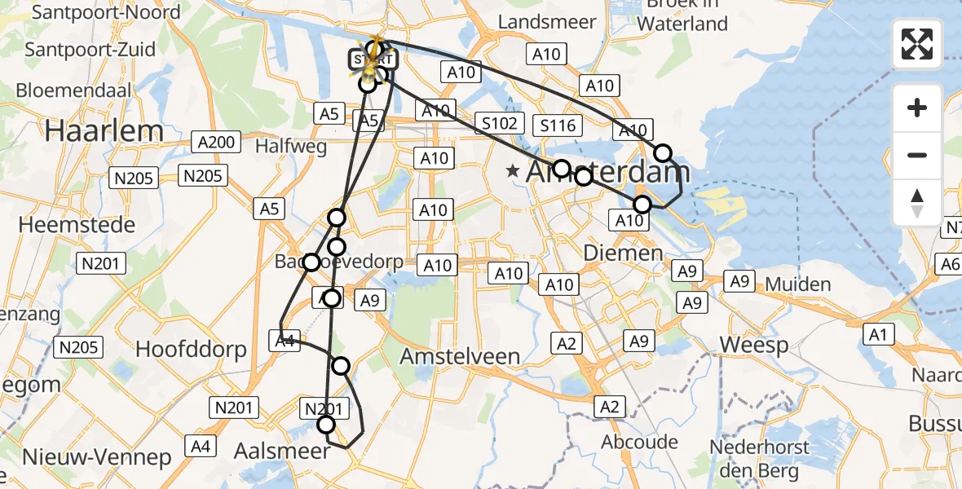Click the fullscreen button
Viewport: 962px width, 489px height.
point(917,44)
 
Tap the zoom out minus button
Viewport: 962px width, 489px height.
point(917,155)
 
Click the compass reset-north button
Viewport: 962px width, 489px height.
point(917,203)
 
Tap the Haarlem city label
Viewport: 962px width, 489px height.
point(104,130)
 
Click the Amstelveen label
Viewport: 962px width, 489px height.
point(460,356)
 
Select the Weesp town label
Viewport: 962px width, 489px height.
point(754,345)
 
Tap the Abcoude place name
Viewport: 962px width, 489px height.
point(640,442)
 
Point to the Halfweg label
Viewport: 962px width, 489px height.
point(291,147)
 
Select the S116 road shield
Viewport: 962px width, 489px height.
point(558,126)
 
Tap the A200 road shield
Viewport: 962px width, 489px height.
point(215,142)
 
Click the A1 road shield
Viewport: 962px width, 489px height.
point(878,333)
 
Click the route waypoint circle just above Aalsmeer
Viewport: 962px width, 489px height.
point(326,424)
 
